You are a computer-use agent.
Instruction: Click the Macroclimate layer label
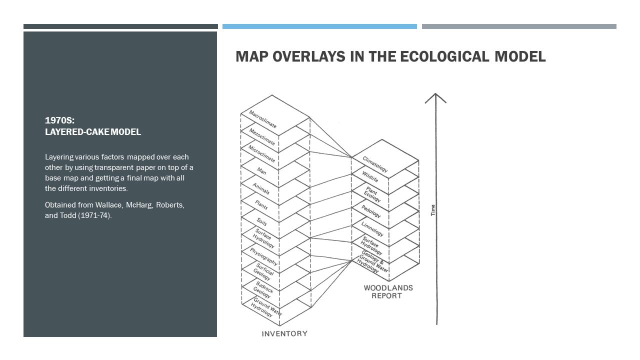coord(262,119)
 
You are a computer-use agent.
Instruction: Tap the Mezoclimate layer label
coord(262,136)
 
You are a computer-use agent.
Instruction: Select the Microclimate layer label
coord(262,154)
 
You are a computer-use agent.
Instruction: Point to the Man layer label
coord(261,170)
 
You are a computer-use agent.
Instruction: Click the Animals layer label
coord(261,189)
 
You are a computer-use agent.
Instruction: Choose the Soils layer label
coord(261,221)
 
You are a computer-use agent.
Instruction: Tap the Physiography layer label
coord(263,256)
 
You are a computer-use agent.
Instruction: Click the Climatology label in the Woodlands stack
coord(375,164)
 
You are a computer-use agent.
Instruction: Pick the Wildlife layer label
coord(370,176)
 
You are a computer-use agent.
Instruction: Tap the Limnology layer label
coord(372,229)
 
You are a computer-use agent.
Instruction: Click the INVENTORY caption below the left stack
coord(284,333)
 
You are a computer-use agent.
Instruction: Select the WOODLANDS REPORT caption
coord(388,291)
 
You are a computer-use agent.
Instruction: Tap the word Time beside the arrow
coord(433,210)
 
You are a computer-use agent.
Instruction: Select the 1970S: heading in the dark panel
coord(59,120)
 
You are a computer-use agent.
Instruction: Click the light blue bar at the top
coord(319,26)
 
